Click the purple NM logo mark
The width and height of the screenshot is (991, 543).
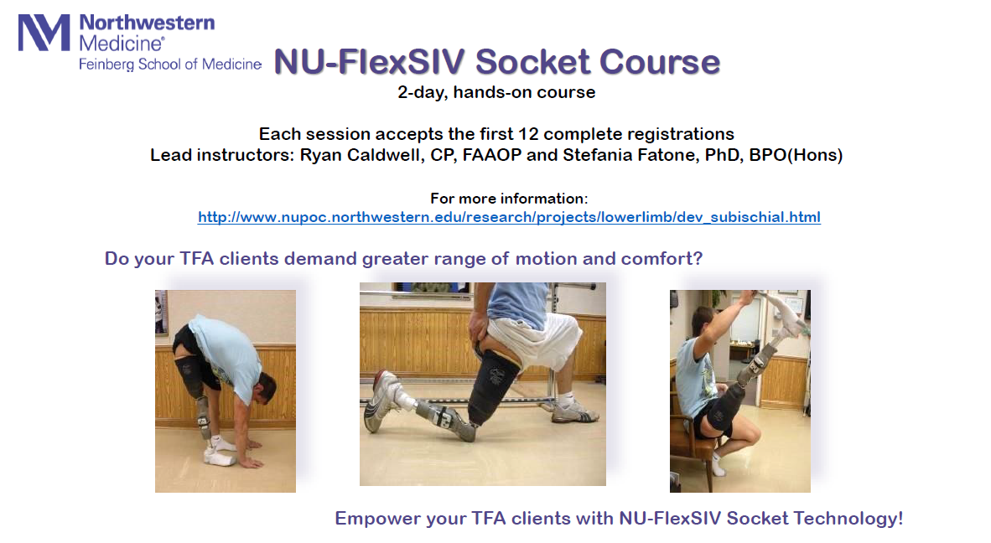click(x=44, y=32)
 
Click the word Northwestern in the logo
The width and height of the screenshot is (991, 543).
click(x=147, y=23)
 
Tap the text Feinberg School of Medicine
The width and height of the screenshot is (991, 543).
click(x=170, y=65)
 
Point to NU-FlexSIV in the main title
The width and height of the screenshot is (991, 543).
click(x=369, y=62)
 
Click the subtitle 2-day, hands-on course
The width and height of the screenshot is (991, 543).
click(x=496, y=92)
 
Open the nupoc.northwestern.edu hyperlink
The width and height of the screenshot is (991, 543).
click(x=510, y=217)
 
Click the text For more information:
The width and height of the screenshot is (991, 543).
click(x=510, y=199)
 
